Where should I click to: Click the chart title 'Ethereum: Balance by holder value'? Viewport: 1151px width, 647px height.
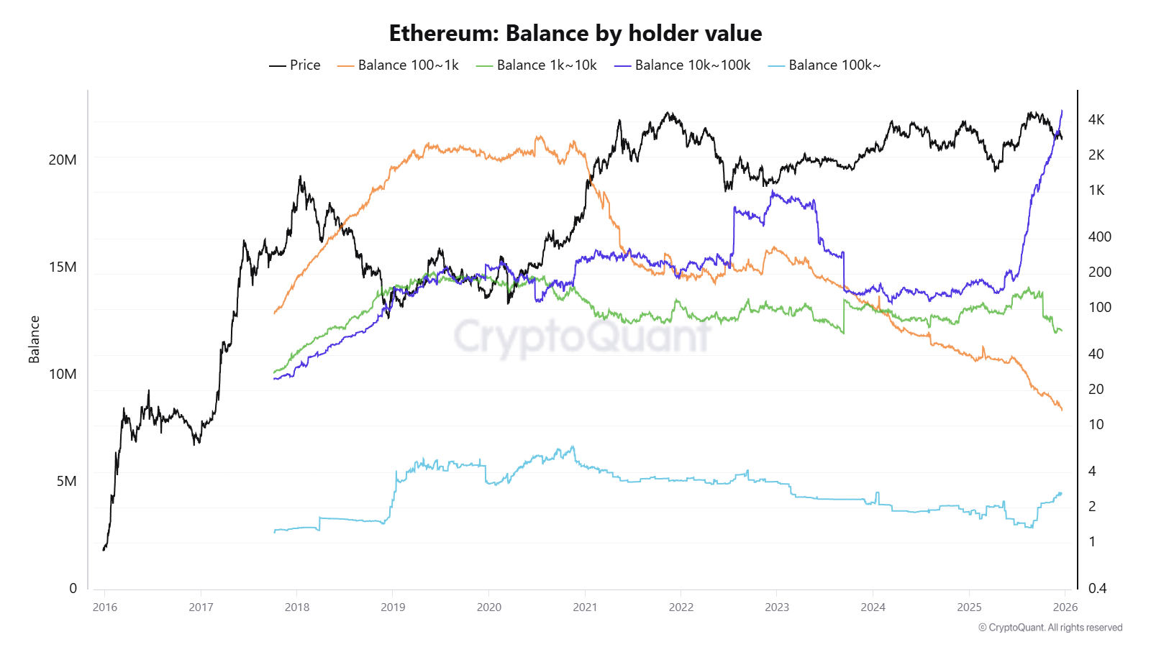575,33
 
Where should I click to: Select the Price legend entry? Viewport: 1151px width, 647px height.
295,65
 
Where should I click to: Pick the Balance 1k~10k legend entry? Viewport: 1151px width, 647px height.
537,65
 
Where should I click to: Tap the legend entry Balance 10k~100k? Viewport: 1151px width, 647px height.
683,65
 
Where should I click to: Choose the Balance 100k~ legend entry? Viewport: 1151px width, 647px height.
824,65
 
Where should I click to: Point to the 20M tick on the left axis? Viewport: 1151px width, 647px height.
63,160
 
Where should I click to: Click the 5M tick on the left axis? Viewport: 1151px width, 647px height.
66,481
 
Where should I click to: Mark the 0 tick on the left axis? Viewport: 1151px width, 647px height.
73,588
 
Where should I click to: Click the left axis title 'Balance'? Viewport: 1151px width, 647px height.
34,339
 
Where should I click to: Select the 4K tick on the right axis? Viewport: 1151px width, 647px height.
1096,119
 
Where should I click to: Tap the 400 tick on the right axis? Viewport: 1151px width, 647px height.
1099,237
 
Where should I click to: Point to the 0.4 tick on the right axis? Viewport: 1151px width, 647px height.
1097,588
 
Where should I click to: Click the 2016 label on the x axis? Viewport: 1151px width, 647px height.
105,607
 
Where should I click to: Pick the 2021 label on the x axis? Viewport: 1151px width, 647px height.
585,607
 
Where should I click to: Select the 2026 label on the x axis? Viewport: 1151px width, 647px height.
1065,607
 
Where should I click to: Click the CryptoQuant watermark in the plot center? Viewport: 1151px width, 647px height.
583,336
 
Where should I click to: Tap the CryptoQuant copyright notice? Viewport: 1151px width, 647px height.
1050,628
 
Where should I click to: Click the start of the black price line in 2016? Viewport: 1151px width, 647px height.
104,550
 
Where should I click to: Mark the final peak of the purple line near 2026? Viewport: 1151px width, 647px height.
1062,111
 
